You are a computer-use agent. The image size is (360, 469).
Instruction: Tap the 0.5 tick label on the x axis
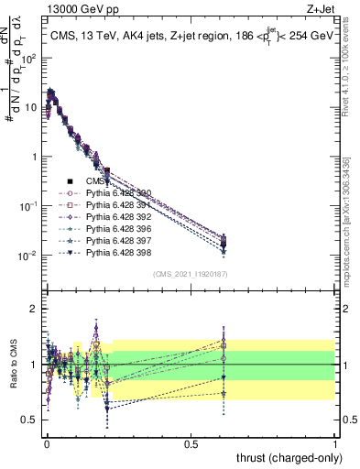coord(191,442)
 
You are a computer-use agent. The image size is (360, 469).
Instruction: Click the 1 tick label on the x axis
coord(335,442)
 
